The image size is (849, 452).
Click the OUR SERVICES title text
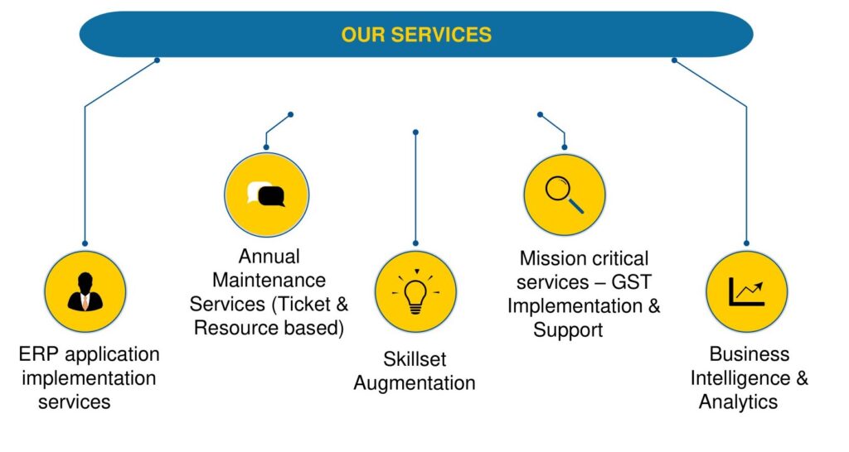click(416, 35)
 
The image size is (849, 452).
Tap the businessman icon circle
click(85, 291)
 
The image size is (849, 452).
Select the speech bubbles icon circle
click(266, 195)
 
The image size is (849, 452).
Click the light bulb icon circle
click(415, 292)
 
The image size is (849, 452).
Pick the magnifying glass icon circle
click(564, 195)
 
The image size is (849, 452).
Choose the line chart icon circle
click(747, 291)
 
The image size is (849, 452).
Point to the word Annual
click(269, 257)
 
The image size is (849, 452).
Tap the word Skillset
click(415, 359)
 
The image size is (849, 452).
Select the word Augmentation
click(415, 383)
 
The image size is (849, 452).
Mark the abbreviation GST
click(631, 282)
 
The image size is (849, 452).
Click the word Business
click(750, 354)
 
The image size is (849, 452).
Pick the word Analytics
click(738, 402)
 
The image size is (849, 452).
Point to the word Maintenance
click(269, 280)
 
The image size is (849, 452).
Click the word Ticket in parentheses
click(303, 304)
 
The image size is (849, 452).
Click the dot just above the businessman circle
click(85, 243)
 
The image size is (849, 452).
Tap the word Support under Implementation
click(568, 329)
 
